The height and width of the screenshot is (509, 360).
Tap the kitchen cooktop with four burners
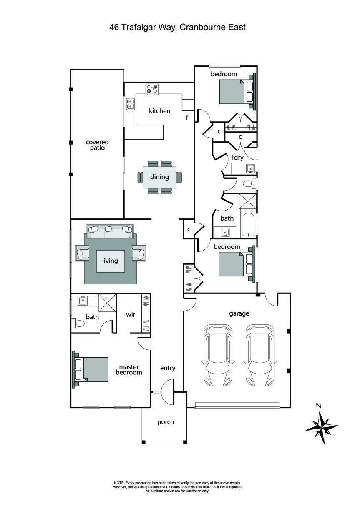(x=152, y=89)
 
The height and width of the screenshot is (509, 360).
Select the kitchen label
(x=159, y=111)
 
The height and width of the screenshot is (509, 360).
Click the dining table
(x=160, y=177)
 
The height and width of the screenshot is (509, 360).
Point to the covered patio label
(x=97, y=145)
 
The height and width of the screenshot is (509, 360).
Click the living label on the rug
(x=110, y=261)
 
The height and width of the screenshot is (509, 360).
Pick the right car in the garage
(x=260, y=355)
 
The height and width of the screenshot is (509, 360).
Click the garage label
(x=239, y=313)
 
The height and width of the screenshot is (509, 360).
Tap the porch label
(x=165, y=422)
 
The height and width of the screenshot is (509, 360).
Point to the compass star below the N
(x=321, y=428)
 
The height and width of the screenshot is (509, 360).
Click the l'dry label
(x=237, y=158)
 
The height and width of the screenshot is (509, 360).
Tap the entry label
(x=168, y=369)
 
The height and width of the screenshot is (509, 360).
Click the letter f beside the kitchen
(x=187, y=118)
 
